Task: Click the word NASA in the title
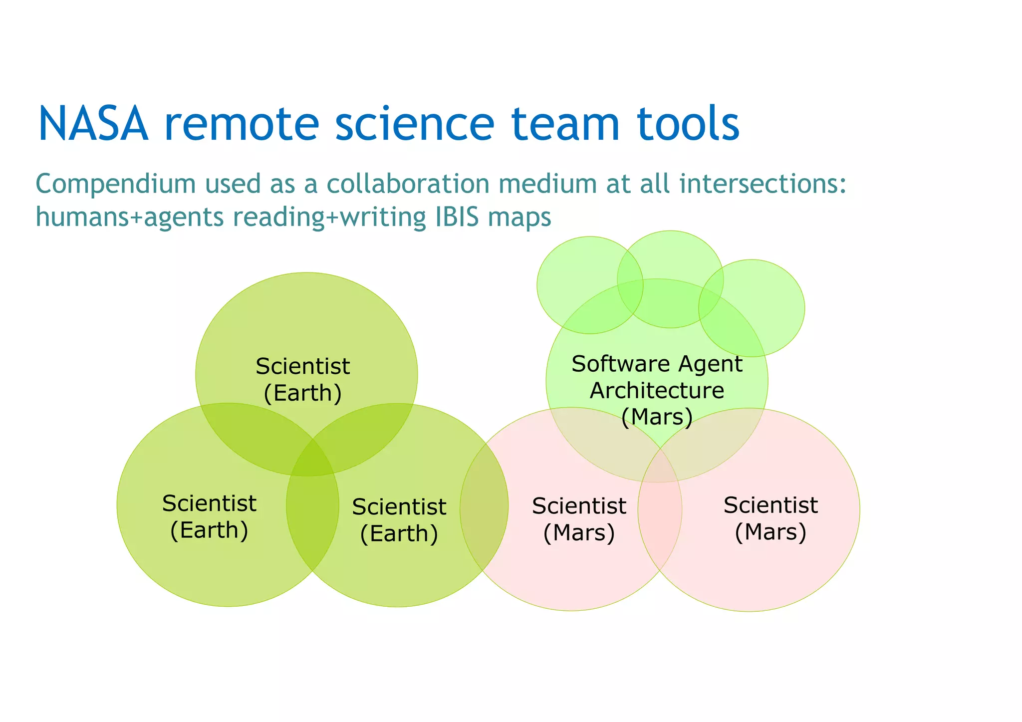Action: point(93,123)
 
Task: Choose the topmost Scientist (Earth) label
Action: point(302,379)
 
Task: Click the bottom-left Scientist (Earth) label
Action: point(209,516)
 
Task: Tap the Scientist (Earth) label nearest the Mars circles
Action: point(399,520)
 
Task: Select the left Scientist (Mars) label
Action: point(579,519)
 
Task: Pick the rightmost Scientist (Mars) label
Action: point(770,518)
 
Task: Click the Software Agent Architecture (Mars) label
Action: point(657,390)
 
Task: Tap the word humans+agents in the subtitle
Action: point(130,217)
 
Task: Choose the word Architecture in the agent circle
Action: point(657,390)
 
